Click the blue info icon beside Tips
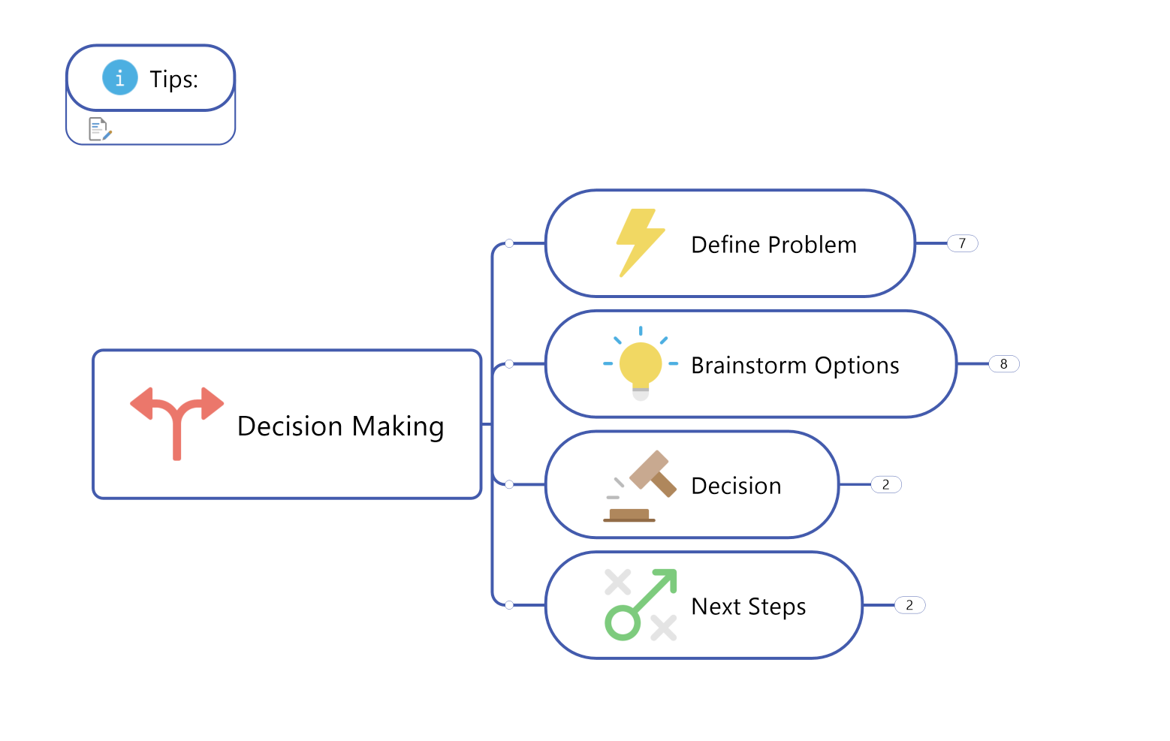120,78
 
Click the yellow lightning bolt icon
641,242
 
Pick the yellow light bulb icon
641,364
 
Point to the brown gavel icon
641,486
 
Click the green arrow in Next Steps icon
641,604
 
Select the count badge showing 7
962,243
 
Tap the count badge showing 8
1004,364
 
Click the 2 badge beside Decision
886,484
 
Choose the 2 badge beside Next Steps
910,605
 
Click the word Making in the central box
398,427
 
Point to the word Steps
777,607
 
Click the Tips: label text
174,80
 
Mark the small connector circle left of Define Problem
509,243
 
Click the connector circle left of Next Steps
509,605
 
